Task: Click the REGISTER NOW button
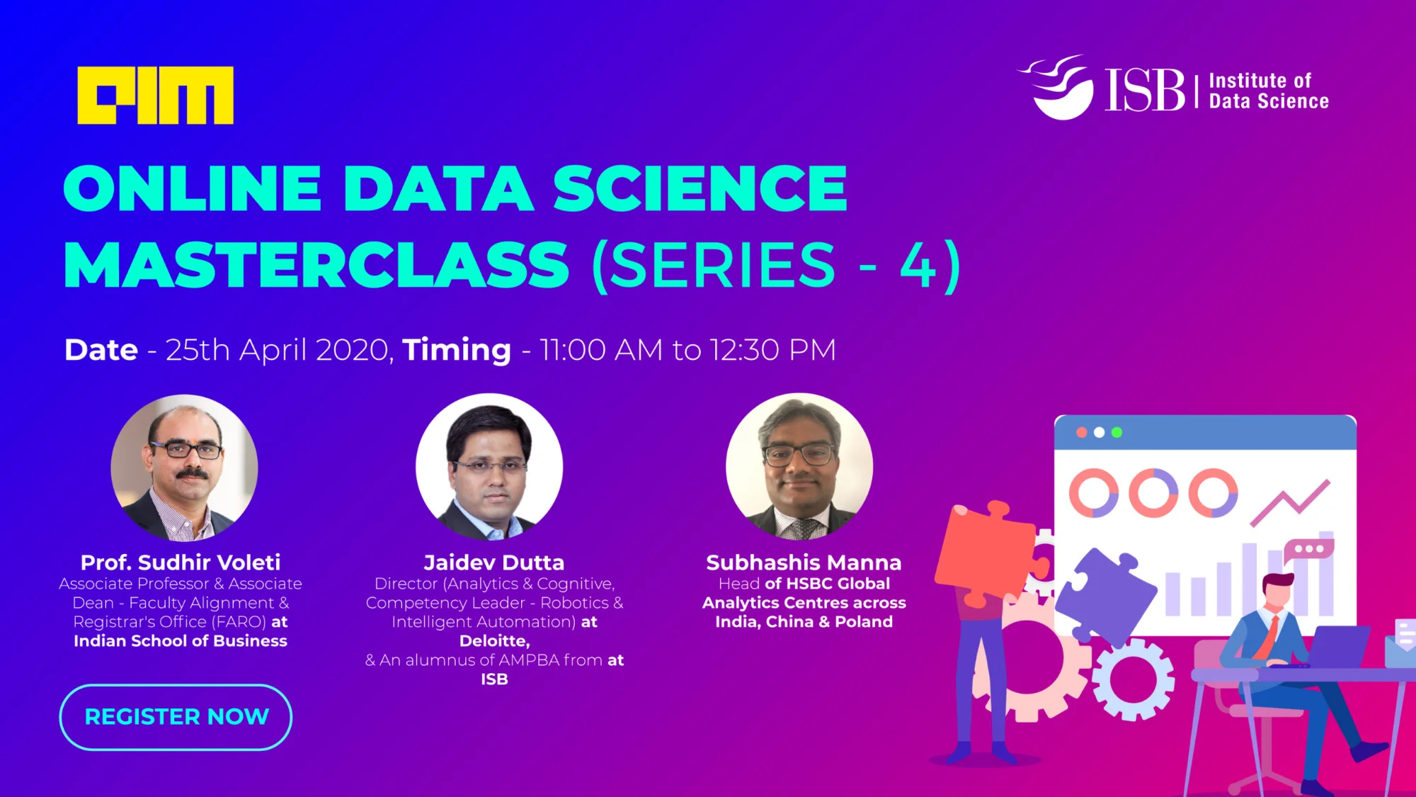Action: point(176,717)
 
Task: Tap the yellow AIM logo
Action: point(155,96)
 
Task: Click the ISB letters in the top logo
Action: point(1145,91)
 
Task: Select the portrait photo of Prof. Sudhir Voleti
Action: point(184,468)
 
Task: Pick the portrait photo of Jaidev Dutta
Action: point(489,467)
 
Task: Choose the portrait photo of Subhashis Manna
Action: point(799,467)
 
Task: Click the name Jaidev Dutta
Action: point(494,563)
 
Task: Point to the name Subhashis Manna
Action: point(804,563)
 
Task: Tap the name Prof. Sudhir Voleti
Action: point(181,563)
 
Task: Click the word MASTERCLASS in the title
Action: point(316,265)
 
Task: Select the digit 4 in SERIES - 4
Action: point(918,265)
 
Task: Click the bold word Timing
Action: point(457,351)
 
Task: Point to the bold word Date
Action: point(101,350)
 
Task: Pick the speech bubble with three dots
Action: point(1309,549)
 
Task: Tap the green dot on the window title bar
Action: point(1117,432)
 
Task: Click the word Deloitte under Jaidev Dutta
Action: point(493,641)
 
